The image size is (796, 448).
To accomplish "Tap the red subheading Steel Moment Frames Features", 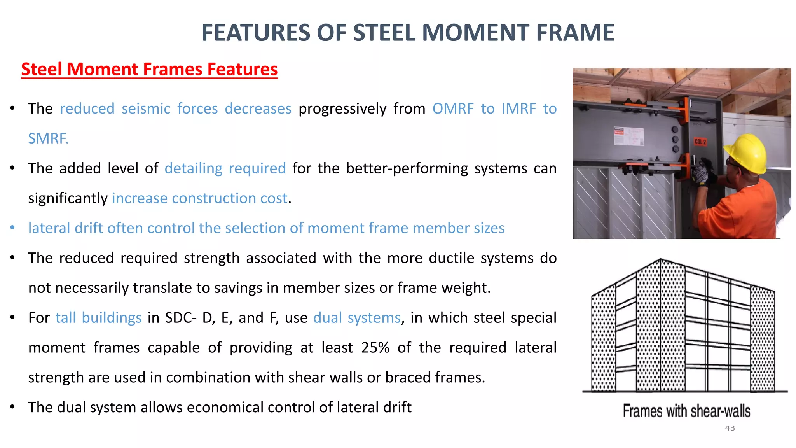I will (149, 70).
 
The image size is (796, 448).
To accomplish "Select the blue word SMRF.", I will (48, 138).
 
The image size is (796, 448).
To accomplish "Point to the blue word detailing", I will (193, 168).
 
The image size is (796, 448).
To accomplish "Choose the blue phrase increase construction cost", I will (200, 198).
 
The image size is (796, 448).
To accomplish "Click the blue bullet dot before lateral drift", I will (13, 228).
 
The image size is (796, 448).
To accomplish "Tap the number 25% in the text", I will (375, 348).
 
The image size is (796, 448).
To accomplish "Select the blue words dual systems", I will (357, 318).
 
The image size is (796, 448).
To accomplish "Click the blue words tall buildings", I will (98, 318).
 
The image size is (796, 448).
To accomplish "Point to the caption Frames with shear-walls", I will (686, 411).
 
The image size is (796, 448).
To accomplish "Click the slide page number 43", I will (730, 428).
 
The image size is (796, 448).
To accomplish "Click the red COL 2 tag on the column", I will (700, 142).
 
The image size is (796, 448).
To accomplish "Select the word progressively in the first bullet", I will (342, 109).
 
